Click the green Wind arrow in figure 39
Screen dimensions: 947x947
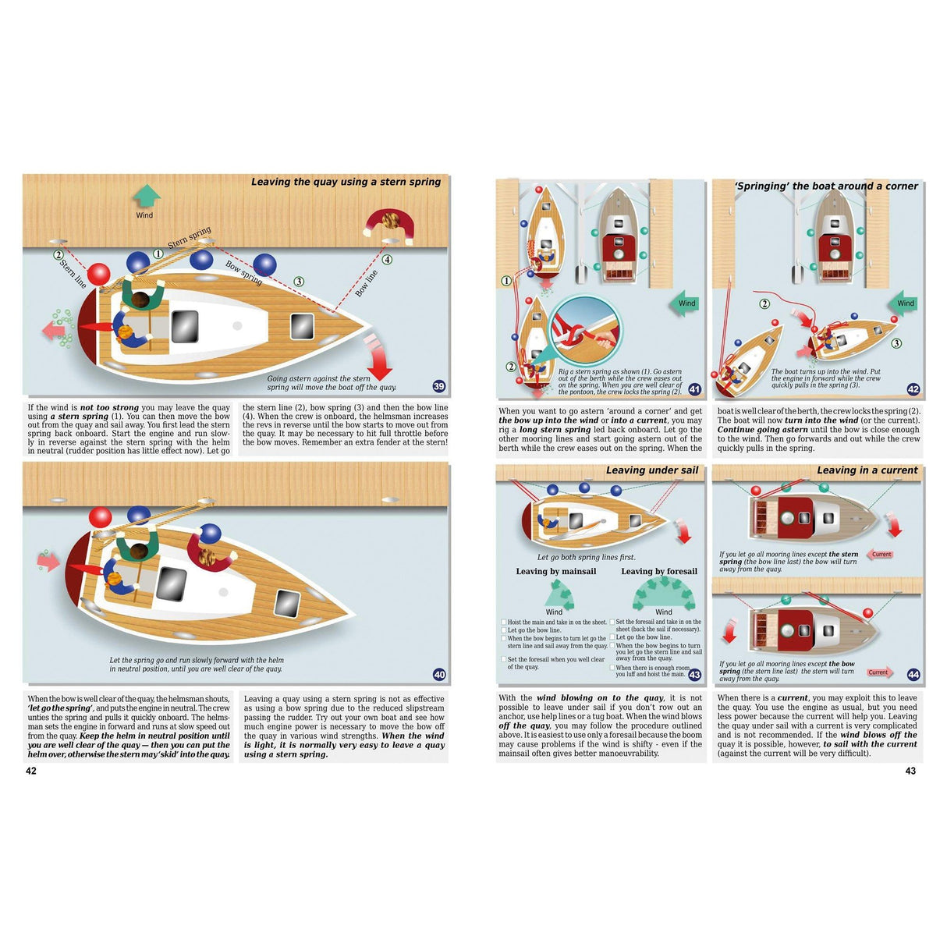(146, 196)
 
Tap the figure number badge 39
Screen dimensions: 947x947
(439, 386)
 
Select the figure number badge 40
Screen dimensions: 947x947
(439, 675)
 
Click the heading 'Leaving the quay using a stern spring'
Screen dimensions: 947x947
(346, 182)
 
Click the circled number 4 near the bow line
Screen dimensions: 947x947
(387, 260)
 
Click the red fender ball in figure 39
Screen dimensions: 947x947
(99, 274)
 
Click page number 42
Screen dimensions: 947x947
(31, 771)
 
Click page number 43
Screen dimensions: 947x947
(910, 771)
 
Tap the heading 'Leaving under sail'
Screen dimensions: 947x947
(652, 470)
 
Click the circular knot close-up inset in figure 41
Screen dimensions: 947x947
(585, 328)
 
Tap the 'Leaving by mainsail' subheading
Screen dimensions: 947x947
(556, 571)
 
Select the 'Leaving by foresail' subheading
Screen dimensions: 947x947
(659, 571)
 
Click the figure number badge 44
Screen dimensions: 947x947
(913, 675)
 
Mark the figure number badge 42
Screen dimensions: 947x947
(913, 389)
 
